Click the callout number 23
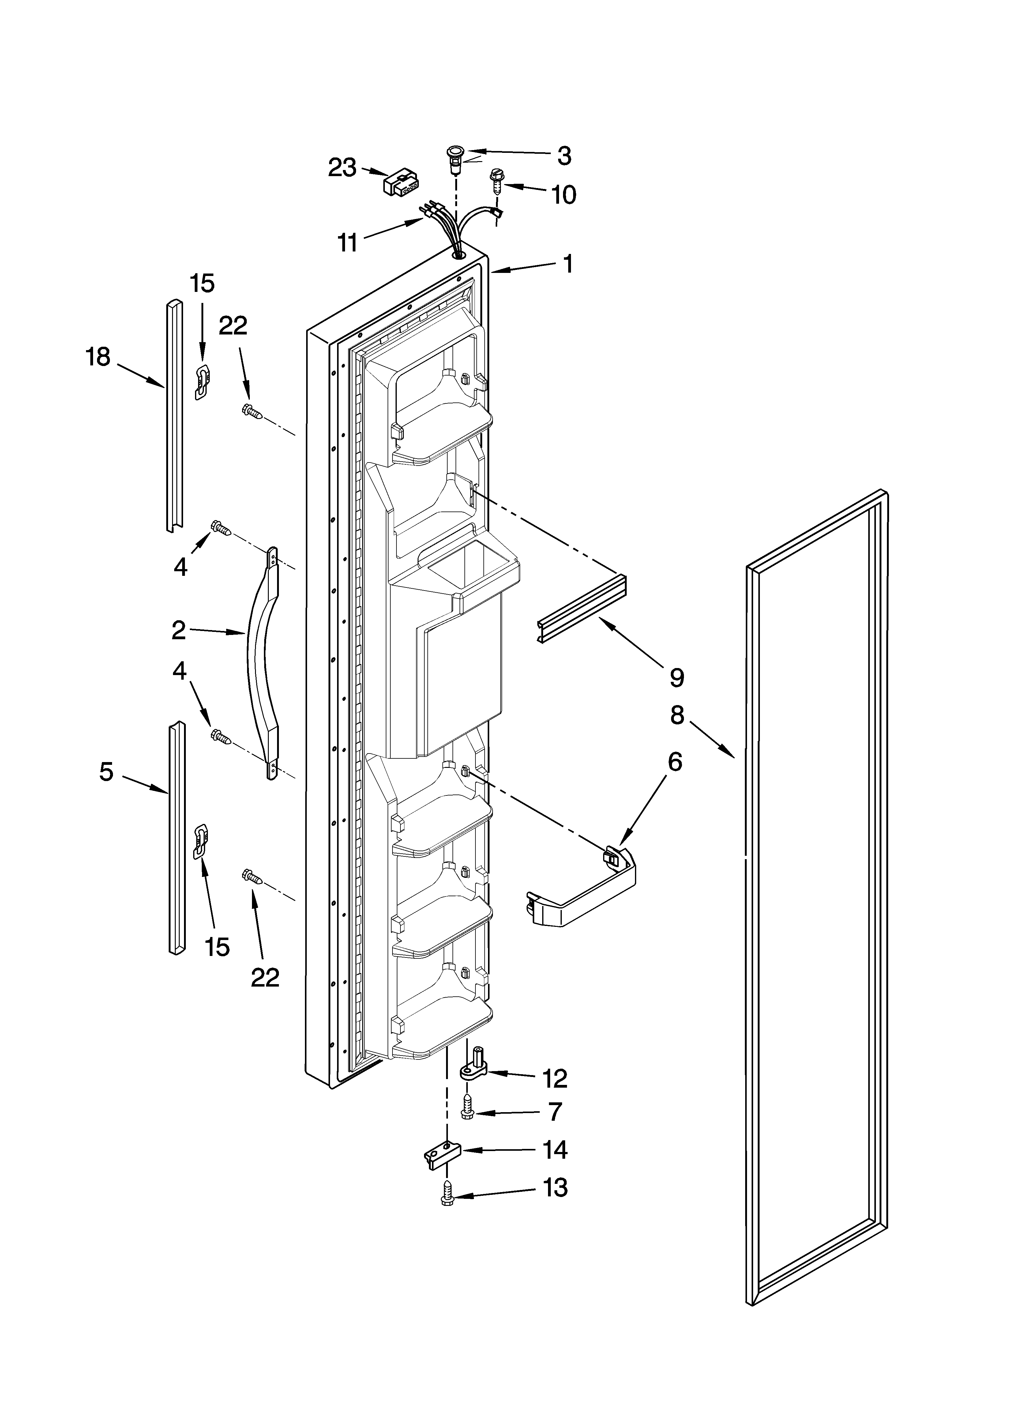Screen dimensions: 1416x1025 (342, 167)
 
